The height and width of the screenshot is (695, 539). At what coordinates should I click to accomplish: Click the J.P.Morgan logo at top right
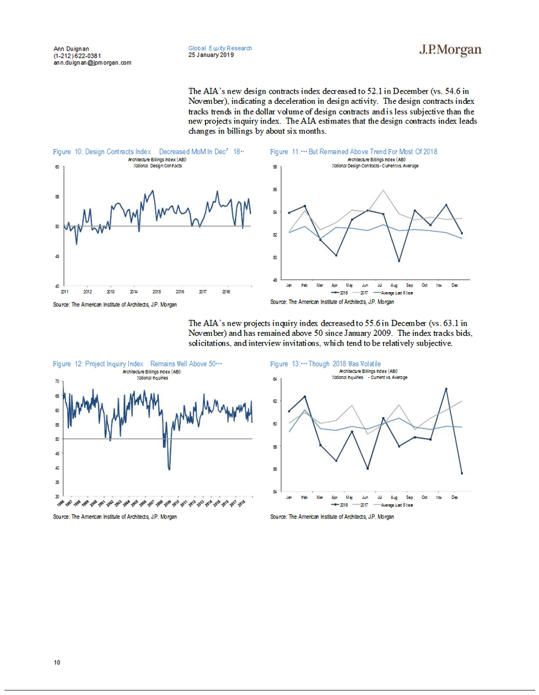pyautogui.click(x=450, y=50)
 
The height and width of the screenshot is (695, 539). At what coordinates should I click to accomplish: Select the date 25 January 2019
pyautogui.click(x=211, y=55)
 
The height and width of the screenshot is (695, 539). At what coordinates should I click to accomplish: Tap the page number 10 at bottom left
pyautogui.click(x=57, y=663)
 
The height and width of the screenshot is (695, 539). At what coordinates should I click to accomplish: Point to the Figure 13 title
pyautogui.click(x=325, y=364)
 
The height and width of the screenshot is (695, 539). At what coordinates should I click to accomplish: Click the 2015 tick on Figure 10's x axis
pyautogui.click(x=156, y=291)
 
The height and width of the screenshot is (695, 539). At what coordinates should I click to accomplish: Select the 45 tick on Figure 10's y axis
pyautogui.click(x=57, y=256)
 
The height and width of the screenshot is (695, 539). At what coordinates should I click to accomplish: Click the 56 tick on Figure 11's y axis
pyautogui.click(x=275, y=189)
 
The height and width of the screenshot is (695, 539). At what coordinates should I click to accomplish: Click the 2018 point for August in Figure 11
pyautogui.click(x=399, y=261)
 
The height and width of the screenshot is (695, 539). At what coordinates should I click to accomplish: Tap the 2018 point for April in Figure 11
pyautogui.click(x=336, y=255)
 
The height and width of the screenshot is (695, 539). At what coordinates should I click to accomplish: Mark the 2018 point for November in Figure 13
pyautogui.click(x=446, y=389)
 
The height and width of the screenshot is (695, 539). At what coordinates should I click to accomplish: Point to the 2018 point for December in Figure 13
pyautogui.click(x=462, y=473)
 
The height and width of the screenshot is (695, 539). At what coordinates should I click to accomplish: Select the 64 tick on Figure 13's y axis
pyautogui.click(x=275, y=379)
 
